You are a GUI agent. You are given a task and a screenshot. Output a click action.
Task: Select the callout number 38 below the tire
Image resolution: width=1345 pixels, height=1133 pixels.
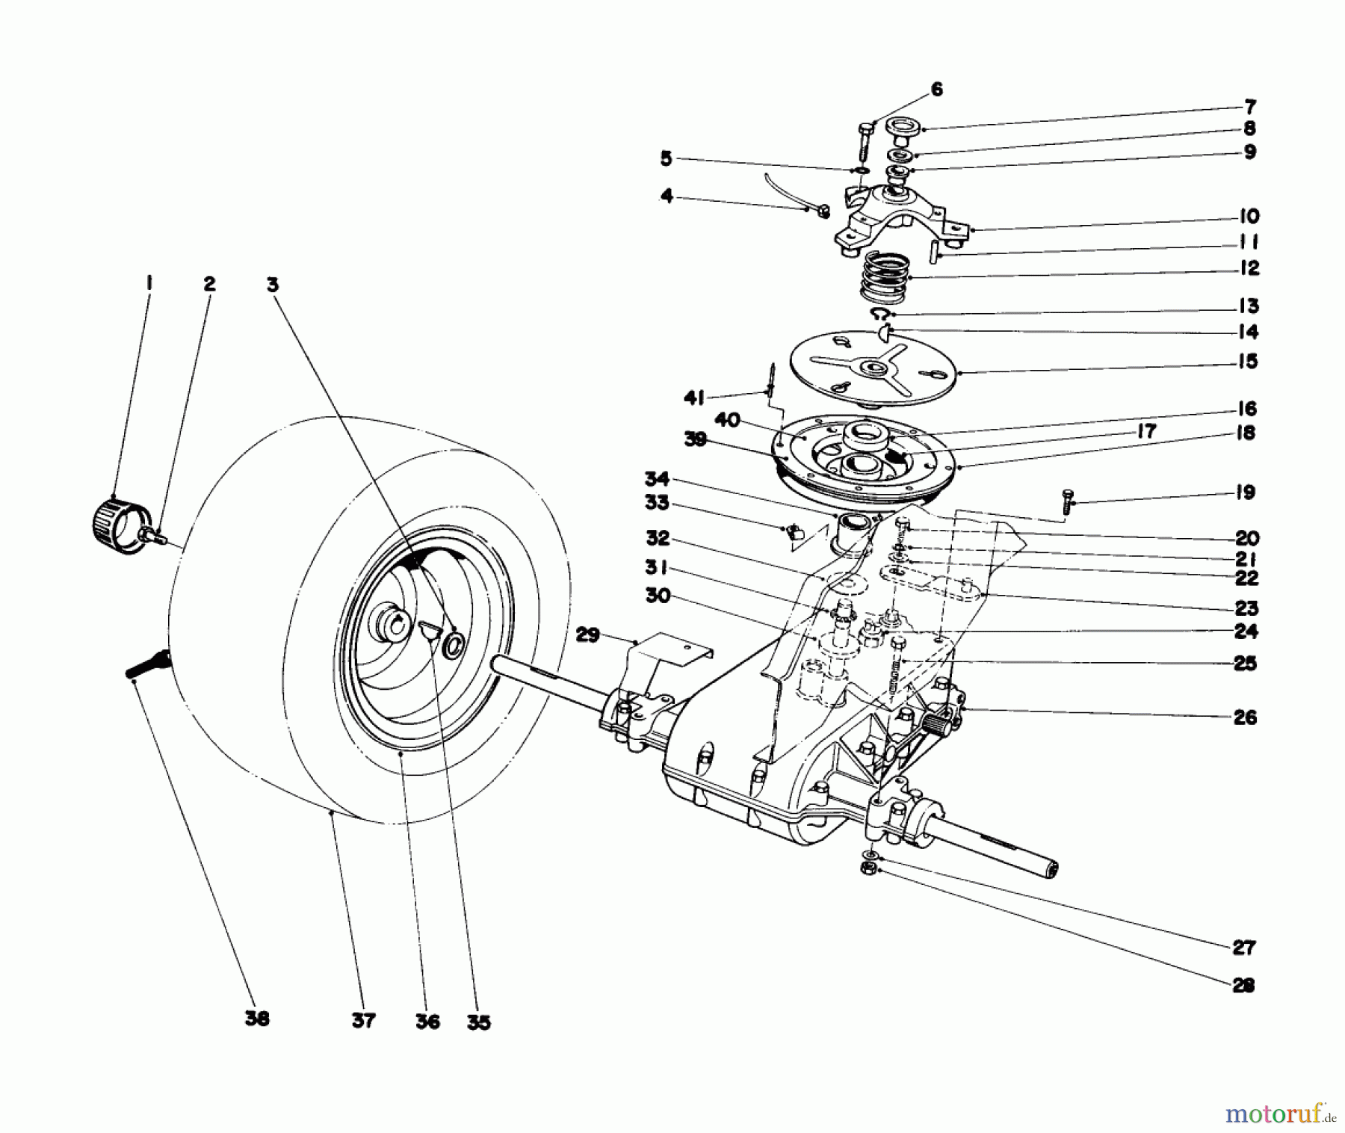(256, 1019)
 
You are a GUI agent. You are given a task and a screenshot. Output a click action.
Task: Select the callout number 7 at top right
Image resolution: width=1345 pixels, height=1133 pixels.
(1249, 106)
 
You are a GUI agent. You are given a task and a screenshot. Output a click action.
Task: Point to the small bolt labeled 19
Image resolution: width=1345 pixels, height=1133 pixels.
(1066, 500)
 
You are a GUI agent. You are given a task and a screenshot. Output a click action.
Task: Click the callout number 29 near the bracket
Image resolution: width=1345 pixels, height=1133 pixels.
(588, 635)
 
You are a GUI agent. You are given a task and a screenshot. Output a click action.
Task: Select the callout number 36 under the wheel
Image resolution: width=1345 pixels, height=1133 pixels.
(427, 1020)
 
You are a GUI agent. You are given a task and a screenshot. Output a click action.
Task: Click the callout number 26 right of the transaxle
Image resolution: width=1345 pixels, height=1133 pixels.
(1245, 717)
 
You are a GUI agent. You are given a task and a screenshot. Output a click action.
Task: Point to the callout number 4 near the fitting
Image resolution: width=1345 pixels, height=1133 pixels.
(667, 197)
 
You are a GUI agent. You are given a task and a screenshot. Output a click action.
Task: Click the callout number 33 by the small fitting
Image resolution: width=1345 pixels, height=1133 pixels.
(657, 504)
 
